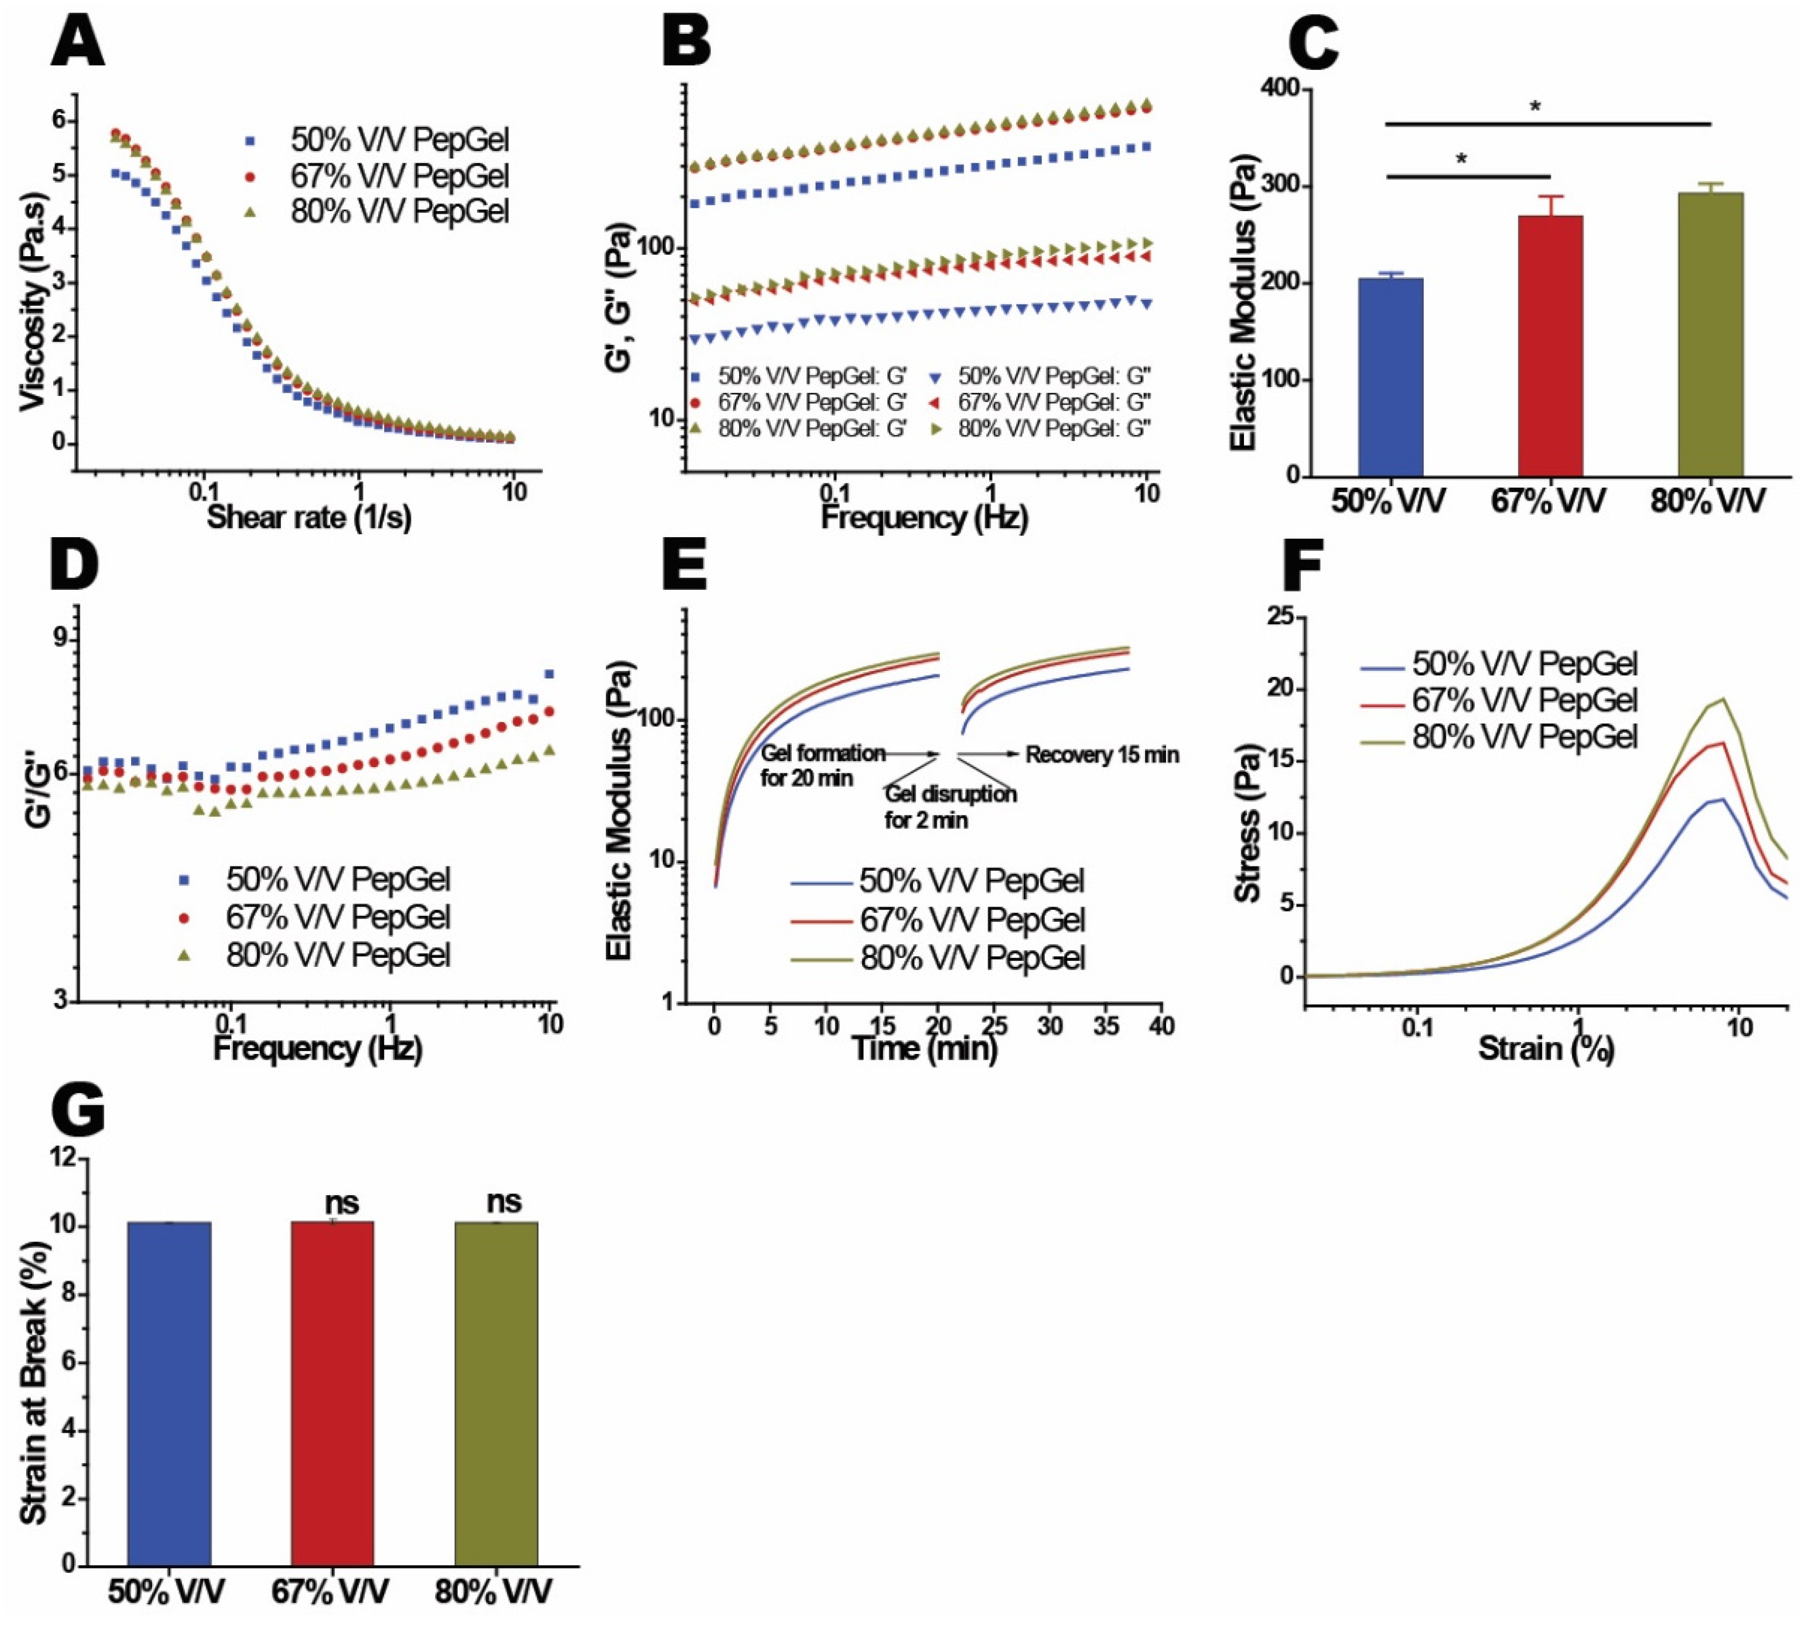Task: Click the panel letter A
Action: point(78,43)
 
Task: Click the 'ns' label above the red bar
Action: point(341,1203)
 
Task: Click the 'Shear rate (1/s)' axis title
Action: point(309,516)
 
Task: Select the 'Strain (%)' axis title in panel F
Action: point(1545,1048)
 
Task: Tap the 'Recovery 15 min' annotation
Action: point(1102,755)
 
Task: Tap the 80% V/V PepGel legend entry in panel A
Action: point(399,212)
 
